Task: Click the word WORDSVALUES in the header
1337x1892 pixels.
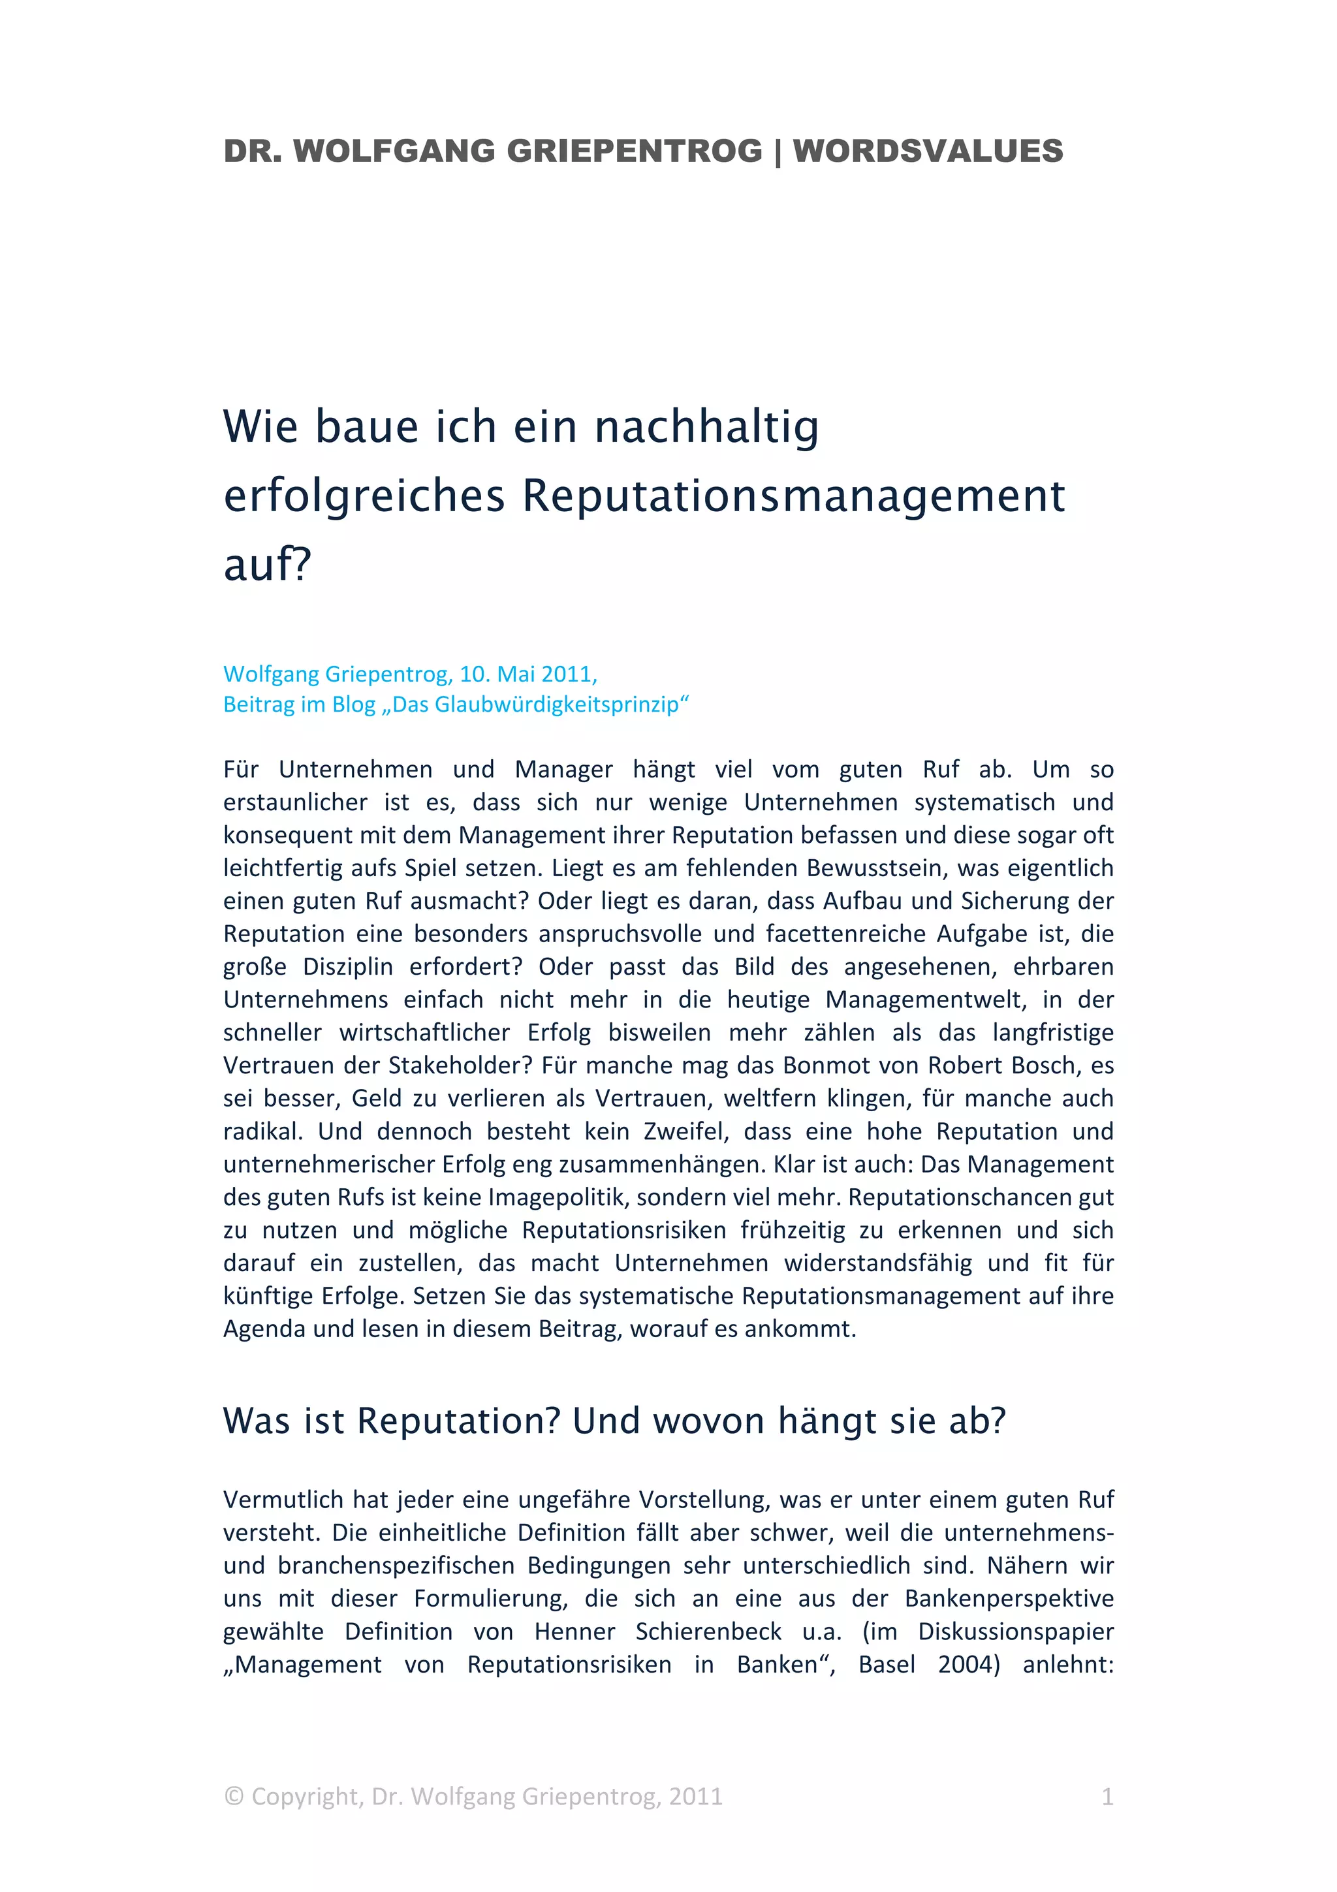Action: pos(928,151)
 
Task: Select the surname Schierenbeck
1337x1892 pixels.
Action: pos(708,1631)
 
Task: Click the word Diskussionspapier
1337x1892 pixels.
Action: pos(1016,1631)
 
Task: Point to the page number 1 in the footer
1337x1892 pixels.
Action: pos(1107,1797)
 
